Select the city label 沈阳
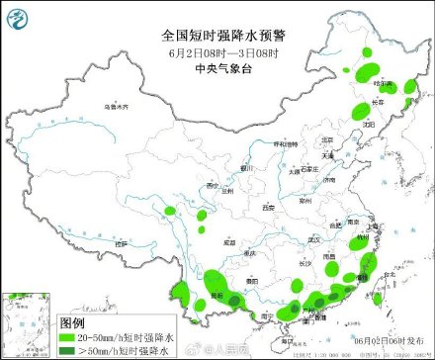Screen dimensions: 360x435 coord(368,125)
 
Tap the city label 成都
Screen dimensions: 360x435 coord(229,240)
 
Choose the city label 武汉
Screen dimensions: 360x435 coord(314,239)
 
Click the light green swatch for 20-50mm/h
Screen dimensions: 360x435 coord(66,337)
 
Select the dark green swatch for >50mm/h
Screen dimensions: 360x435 coord(66,350)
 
